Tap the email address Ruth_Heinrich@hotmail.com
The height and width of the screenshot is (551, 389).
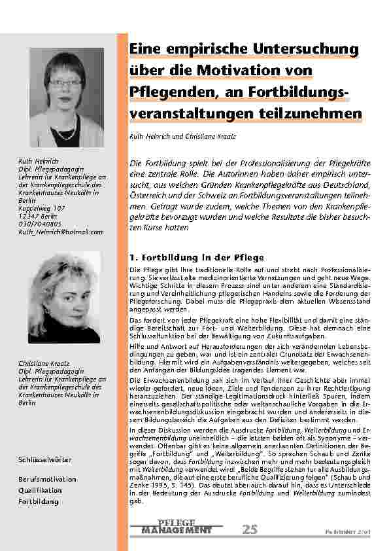61,232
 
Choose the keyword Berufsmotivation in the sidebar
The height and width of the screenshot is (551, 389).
47,480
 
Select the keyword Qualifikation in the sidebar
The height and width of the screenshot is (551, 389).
41,490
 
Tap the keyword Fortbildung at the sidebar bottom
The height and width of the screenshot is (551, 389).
39,501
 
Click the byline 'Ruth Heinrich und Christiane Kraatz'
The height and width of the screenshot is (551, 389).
182,138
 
